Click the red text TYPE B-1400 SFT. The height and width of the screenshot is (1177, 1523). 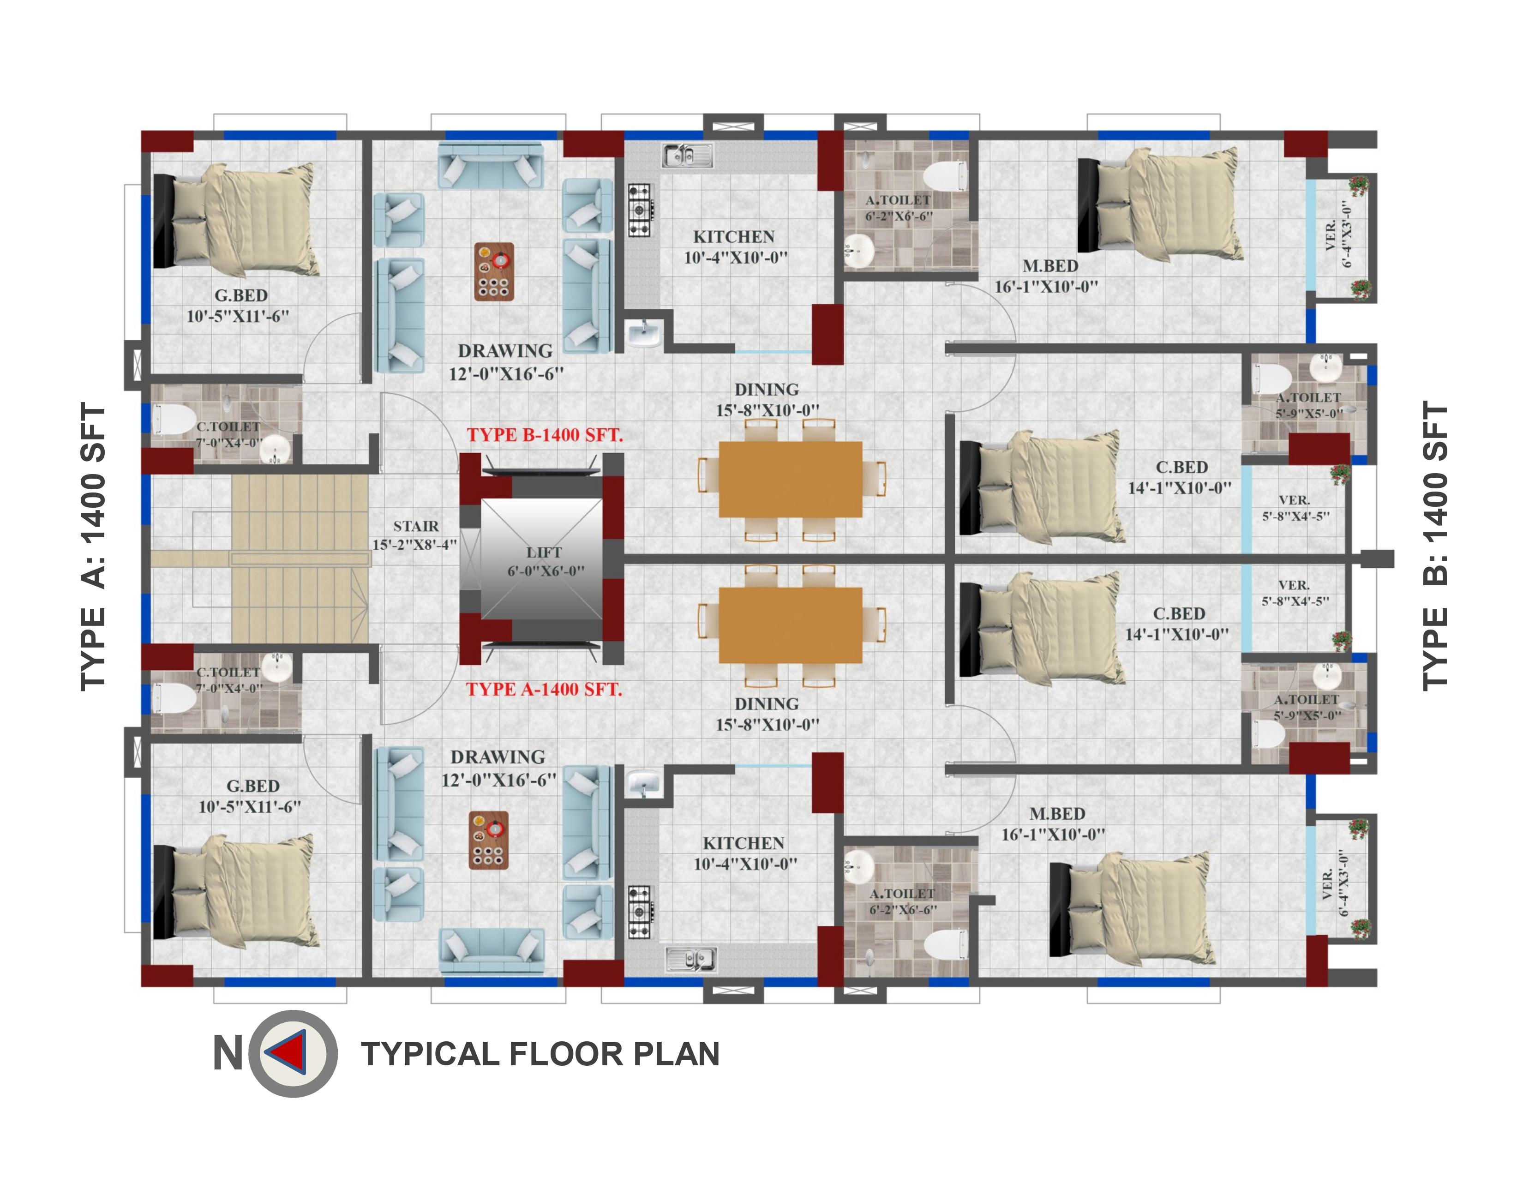[x=545, y=435]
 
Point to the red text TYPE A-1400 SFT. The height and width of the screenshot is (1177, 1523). [x=544, y=689]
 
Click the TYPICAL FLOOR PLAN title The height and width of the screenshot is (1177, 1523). [x=540, y=1054]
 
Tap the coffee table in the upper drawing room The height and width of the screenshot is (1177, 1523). [x=494, y=271]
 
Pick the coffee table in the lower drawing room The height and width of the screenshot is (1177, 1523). [x=488, y=840]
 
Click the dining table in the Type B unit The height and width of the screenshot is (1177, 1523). [x=791, y=479]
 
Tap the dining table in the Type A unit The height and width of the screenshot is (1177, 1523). [x=791, y=625]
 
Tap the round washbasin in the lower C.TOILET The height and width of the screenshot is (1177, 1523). [x=277, y=667]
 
